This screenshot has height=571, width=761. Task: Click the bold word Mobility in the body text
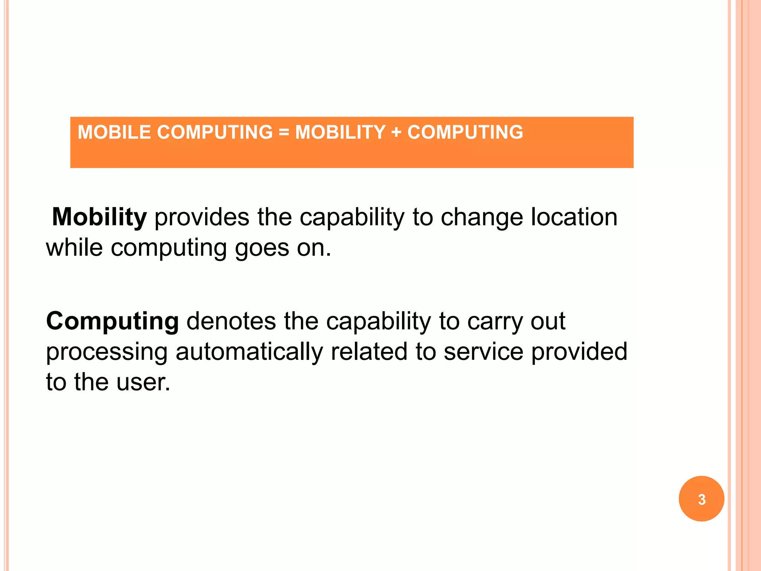click(x=99, y=217)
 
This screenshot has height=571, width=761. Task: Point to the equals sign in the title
click(x=284, y=132)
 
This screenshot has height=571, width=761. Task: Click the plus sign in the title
click(x=396, y=132)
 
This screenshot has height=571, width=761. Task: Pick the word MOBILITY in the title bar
click(x=340, y=132)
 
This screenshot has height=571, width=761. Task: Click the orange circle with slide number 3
click(x=701, y=499)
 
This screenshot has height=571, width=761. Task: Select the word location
click(x=574, y=217)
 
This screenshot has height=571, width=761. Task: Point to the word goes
click(x=262, y=248)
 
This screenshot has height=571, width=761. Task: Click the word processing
click(x=107, y=352)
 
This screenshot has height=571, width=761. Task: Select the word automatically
click(x=249, y=352)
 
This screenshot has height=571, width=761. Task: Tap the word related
click(x=369, y=352)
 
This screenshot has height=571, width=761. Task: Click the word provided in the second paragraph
click(x=579, y=352)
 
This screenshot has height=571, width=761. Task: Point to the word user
click(x=143, y=383)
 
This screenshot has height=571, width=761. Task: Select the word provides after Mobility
click(x=202, y=217)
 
